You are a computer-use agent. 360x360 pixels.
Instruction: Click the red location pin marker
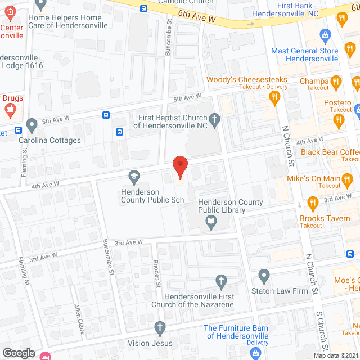[x=179, y=167]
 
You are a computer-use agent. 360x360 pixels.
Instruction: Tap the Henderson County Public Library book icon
[x=211, y=224]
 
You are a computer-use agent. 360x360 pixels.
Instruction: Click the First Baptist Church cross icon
[x=214, y=119]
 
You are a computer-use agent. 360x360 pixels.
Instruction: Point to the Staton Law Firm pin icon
[x=264, y=277]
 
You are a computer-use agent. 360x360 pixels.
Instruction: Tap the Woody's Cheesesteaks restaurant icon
[x=274, y=98]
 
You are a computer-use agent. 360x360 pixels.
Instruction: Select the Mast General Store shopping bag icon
[x=325, y=35]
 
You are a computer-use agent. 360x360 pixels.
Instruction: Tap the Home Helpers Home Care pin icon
[x=40, y=4]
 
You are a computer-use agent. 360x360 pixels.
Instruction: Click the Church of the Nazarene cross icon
[x=222, y=281]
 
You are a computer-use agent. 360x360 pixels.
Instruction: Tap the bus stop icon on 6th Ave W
[x=144, y=8]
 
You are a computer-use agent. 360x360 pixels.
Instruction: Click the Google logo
[x=18, y=353]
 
